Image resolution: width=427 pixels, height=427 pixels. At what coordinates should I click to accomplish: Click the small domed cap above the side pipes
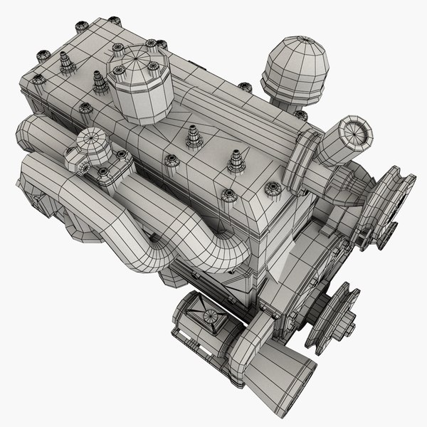tap(92, 144)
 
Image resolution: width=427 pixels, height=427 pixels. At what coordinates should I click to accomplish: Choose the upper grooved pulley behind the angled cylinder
tap(384, 203)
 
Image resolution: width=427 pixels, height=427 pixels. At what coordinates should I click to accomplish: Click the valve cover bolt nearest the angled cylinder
tap(271, 189)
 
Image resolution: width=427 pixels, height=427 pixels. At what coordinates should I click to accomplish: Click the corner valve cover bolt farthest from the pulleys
tap(43, 53)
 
